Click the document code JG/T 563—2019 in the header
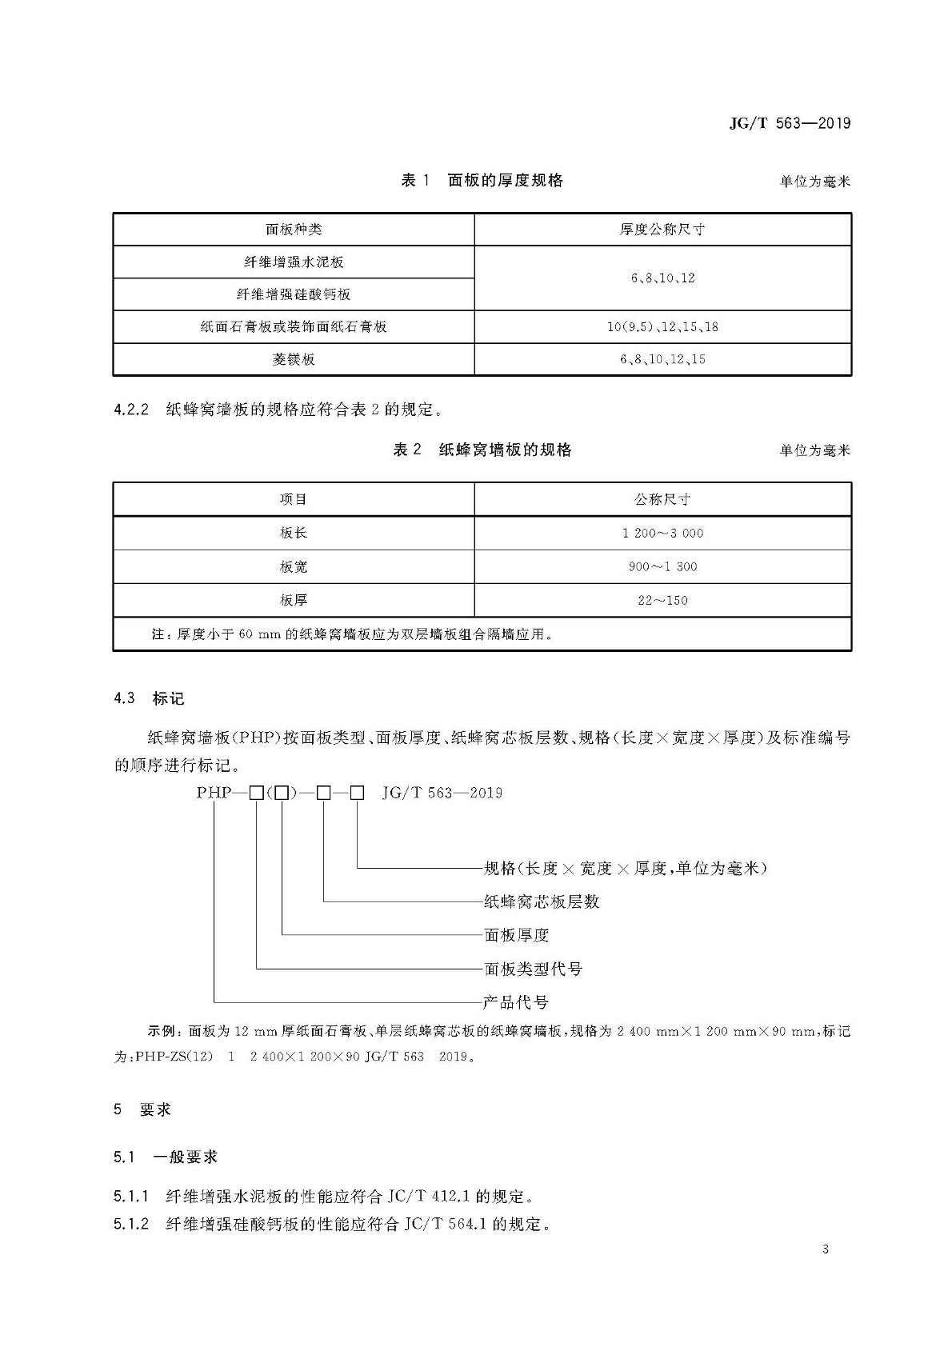click(790, 123)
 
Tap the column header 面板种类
click(294, 230)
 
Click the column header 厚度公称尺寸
click(662, 230)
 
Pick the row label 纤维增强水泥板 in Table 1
click(294, 262)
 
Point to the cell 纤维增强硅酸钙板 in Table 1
click(294, 294)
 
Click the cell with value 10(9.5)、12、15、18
click(662, 327)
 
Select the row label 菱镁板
click(294, 360)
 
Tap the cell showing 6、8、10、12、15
click(662, 360)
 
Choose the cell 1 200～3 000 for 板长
click(662, 534)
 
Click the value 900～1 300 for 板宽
click(662, 567)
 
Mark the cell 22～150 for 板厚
click(662, 601)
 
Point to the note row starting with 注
click(352, 634)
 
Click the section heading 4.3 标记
click(150, 698)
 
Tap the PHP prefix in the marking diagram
click(214, 793)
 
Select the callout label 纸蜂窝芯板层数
click(542, 901)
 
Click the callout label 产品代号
click(516, 1002)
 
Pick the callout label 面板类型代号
click(533, 969)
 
